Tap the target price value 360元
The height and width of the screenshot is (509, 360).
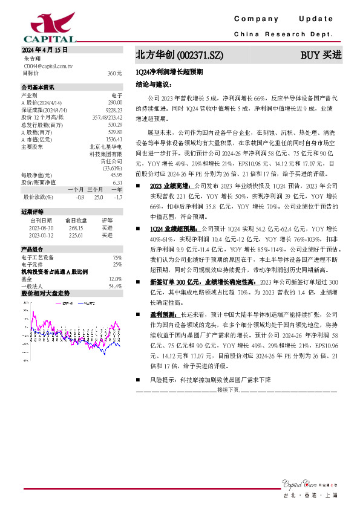coord(114,73)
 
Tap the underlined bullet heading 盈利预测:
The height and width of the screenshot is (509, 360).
coord(164,315)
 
